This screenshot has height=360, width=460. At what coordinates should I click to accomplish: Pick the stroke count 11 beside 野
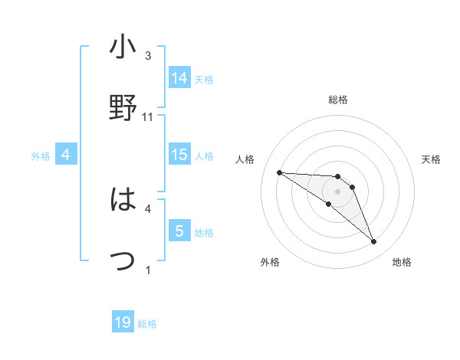point(148,116)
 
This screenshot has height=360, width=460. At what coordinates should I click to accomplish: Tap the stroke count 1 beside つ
point(148,270)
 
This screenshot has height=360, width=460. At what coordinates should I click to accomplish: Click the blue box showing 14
point(179,77)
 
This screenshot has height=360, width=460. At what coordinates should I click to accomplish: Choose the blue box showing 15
point(179,155)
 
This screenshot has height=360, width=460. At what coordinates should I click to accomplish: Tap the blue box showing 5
point(179,231)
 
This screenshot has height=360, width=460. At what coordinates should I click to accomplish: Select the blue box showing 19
point(123,322)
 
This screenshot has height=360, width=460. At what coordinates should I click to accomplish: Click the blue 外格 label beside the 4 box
point(41,155)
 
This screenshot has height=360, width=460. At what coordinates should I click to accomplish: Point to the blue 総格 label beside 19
point(147,324)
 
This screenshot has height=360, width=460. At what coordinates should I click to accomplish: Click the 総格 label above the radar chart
point(338,100)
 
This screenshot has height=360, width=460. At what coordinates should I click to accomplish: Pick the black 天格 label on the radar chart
point(431,159)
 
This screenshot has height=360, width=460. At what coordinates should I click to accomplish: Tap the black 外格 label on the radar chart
point(270,262)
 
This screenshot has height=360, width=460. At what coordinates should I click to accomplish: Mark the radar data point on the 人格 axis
point(279,172)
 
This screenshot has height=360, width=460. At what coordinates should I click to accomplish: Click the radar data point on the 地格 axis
point(373,242)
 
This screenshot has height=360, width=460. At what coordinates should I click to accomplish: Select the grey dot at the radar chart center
point(338,191)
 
